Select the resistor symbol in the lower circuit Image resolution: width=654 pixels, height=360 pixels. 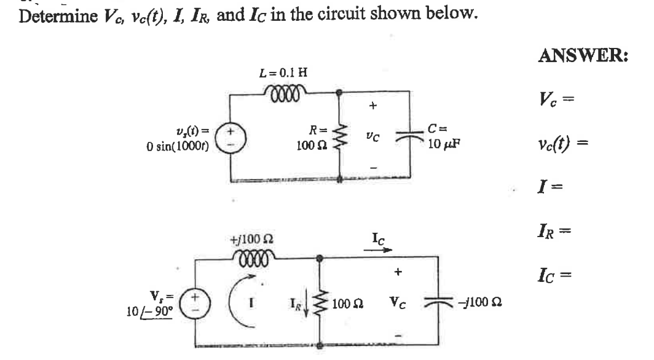[x=319, y=302]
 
